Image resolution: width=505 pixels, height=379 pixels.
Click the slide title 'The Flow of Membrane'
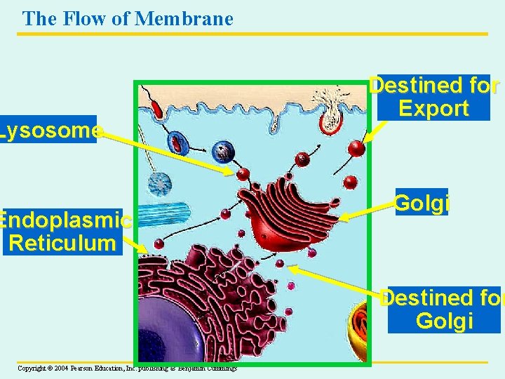pos(128,18)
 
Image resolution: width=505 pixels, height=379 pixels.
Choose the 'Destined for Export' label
pos(433,97)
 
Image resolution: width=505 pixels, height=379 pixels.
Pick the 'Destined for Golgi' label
pos(440,310)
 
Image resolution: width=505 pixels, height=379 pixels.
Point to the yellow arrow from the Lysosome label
pos(165,151)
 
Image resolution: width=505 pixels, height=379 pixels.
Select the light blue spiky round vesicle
pos(160,184)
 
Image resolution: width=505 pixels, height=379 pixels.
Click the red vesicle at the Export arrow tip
pos(357,148)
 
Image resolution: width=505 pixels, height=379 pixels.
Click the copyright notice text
pos(127,368)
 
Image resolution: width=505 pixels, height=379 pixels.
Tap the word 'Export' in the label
pos(433,109)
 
